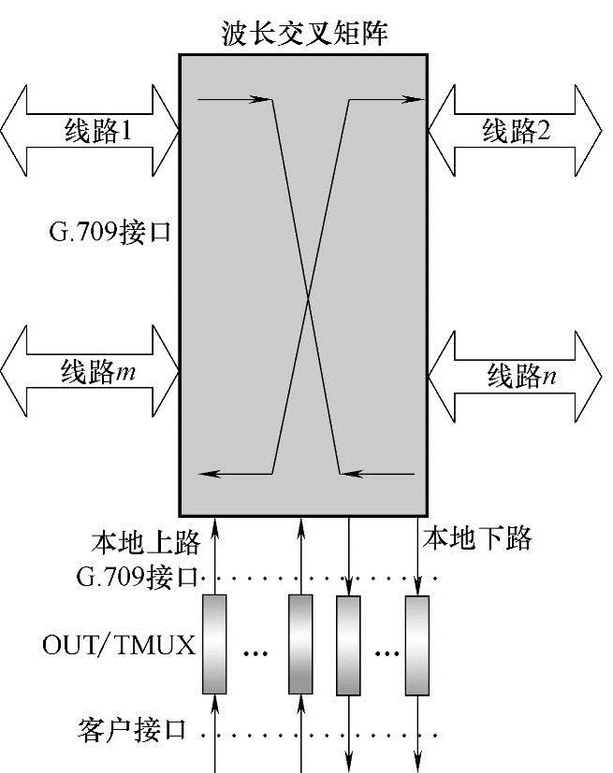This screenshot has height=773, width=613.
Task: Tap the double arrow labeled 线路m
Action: pos(90,372)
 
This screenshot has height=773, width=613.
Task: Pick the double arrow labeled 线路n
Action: pos(516,377)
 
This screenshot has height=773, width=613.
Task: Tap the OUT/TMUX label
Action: pos(119,645)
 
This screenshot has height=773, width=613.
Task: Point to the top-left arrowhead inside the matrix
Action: pos(262,98)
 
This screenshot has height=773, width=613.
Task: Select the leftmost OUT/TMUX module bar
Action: pos(214,644)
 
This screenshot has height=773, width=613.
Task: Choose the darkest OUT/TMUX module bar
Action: pos(300,644)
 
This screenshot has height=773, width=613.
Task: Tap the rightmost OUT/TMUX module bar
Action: pos(416,644)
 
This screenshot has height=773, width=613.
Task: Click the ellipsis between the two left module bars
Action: pos(256,652)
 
